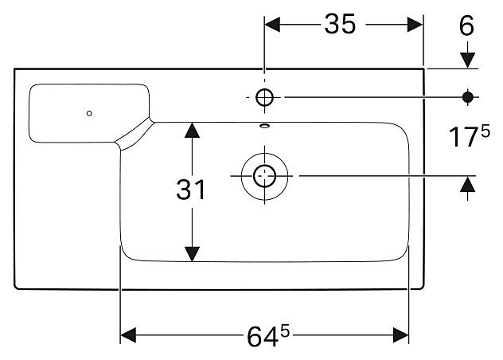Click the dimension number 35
[x=340, y=25]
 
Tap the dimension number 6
[x=466, y=25]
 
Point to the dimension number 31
[x=191, y=190]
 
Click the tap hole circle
[x=265, y=97]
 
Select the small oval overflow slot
[x=265, y=124]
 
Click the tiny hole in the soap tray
[x=89, y=112]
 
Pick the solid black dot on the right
[x=468, y=97]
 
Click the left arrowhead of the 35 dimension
[x=273, y=25]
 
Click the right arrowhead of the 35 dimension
[x=414, y=25]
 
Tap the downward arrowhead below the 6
[x=468, y=59]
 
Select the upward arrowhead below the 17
[x=468, y=184]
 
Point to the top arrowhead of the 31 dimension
[x=191, y=130]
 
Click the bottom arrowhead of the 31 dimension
[x=191, y=252]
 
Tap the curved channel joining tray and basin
[x=135, y=134]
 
